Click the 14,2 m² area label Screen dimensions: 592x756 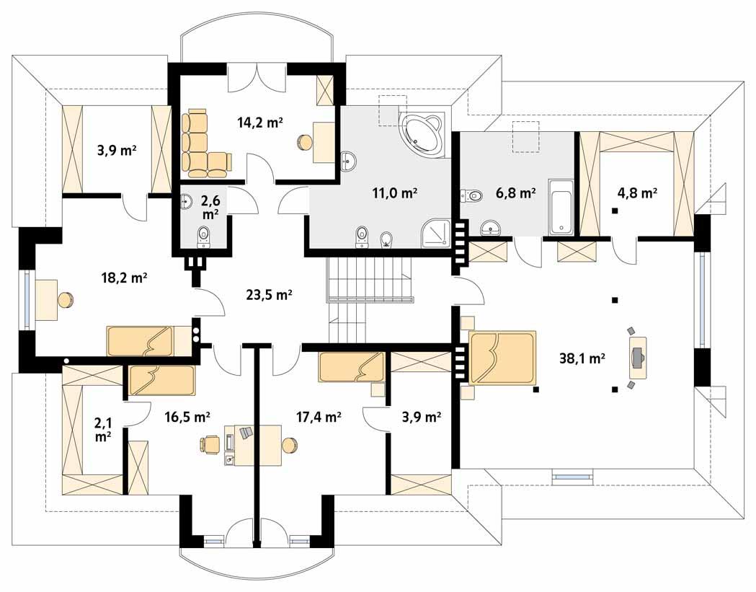pyautogui.click(x=259, y=122)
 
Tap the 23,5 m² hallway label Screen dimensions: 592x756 pyautogui.click(x=269, y=294)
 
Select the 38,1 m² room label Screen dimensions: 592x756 pyautogui.click(x=582, y=355)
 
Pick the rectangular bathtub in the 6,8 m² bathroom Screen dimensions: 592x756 pyautogui.click(x=561, y=208)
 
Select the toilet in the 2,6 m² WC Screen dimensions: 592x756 pyautogui.click(x=204, y=234)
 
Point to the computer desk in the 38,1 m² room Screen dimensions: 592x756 pyautogui.click(x=637, y=355)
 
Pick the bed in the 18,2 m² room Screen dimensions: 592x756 pyautogui.click(x=141, y=340)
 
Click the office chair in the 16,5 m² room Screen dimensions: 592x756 pyautogui.click(x=209, y=443)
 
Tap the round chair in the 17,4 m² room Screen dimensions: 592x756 pyautogui.click(x=290, y=445)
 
